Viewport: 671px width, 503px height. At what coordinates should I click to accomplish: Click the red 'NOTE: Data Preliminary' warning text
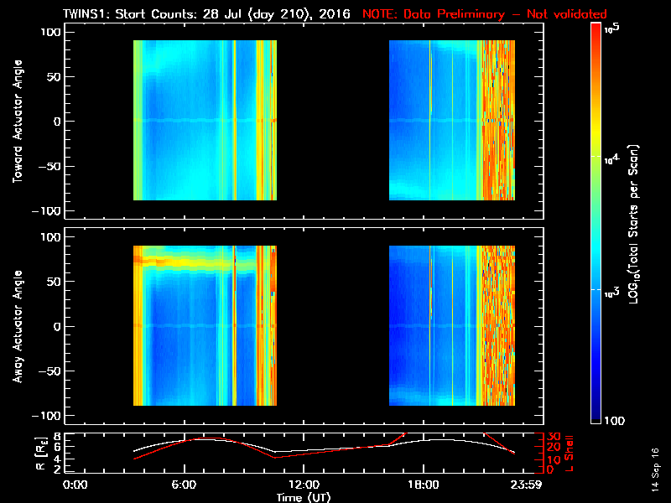click(x=484, y=14)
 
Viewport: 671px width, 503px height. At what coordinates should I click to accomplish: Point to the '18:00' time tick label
click(x=423, y=484)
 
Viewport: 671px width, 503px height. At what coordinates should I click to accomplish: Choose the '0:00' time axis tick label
click(x=75, y=484)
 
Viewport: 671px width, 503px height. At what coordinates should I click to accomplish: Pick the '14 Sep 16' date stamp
click(x=654, y=470)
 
